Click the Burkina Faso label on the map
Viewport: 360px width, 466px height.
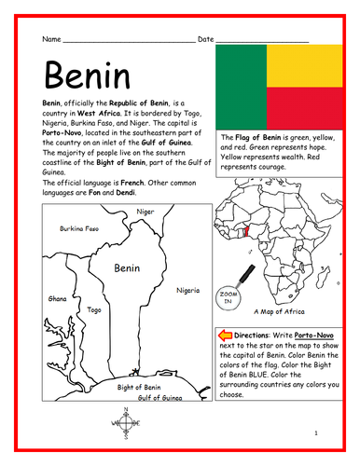[x=80, y=228]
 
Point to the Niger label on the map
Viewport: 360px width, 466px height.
[x=145, y=212]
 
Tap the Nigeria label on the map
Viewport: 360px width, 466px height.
[x=187, y=290]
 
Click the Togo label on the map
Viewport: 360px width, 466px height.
[x=93, y=309]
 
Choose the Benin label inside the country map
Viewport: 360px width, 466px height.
[x=126, y=267]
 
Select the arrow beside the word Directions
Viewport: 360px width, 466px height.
[x=223, y=333]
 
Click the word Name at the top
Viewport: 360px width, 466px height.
[x=52, y=40]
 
